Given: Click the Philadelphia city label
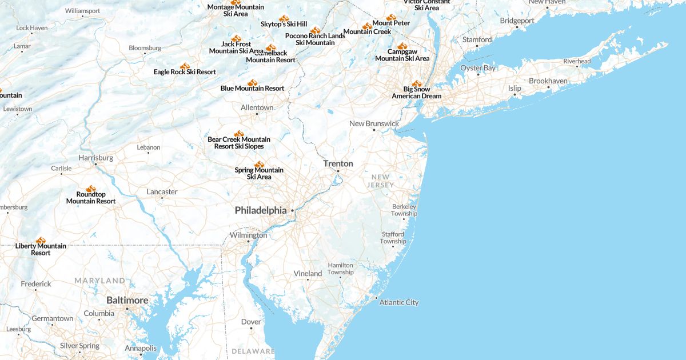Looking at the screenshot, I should (x=261, y=210).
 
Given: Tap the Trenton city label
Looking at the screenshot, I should (x=338, y=163).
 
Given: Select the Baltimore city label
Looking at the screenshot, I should (x=127, y=300).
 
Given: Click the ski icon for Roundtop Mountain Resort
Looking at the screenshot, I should (x=91, y=189).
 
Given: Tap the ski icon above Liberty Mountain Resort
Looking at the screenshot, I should (x=41, y=240).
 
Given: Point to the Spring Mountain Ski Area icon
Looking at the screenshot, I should (x=259, y=164).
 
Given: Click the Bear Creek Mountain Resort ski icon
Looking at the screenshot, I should (x=239, y=134).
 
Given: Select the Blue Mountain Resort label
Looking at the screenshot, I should (x=252, y=89).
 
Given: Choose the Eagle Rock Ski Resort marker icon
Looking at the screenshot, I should (x=185, y=66).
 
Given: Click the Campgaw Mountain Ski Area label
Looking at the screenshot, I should (x=402, y=55).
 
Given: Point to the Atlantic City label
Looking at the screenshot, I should (x=399, y=302).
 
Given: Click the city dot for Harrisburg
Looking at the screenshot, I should (x=95, y=164).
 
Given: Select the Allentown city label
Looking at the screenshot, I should (x=257, y=107).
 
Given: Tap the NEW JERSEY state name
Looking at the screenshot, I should (x=381, y=181).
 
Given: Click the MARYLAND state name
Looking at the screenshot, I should (x=99, y=281).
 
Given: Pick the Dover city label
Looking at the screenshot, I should (x=251, y=322).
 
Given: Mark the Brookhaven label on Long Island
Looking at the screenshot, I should (x=548, y=81).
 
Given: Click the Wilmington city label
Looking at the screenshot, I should (x=248, y=235).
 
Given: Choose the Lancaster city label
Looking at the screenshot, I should (x=162, y=191).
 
